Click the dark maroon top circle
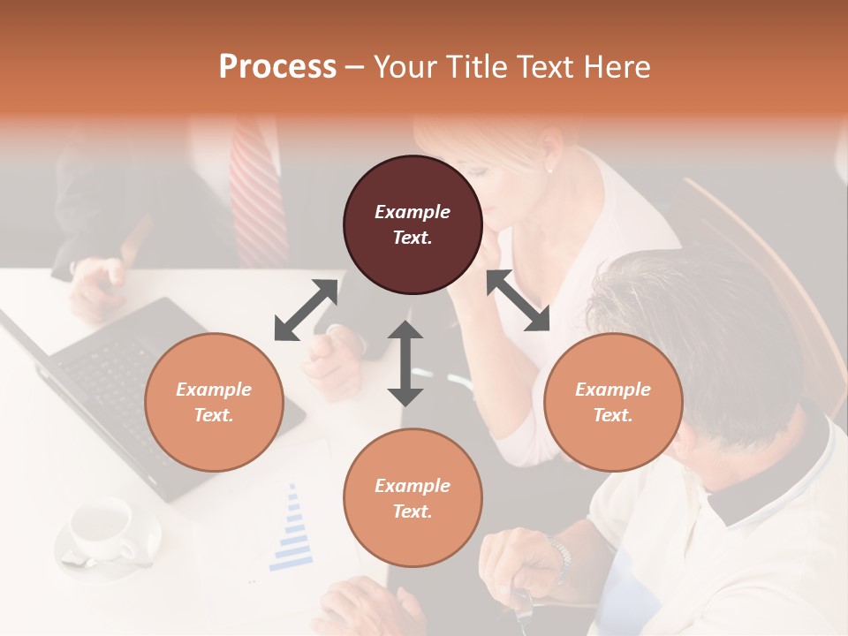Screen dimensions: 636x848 point(413,225)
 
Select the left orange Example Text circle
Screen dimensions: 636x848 point(214,402)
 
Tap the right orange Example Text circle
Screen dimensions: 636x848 point(613,402)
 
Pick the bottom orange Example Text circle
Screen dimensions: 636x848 point(413,498)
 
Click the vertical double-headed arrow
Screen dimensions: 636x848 point(405,363)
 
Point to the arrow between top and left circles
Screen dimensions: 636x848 point(306,310)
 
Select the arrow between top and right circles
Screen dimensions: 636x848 point(518,300)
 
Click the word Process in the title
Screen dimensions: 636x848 point(277,66)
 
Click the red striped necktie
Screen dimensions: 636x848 point(258,190)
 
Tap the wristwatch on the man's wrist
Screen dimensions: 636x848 point(559,556)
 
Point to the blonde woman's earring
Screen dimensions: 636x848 point(549,169)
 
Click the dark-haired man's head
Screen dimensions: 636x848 point(698,327)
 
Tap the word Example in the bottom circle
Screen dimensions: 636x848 point(413,486)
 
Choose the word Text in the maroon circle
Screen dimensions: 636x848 point(413,238)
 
